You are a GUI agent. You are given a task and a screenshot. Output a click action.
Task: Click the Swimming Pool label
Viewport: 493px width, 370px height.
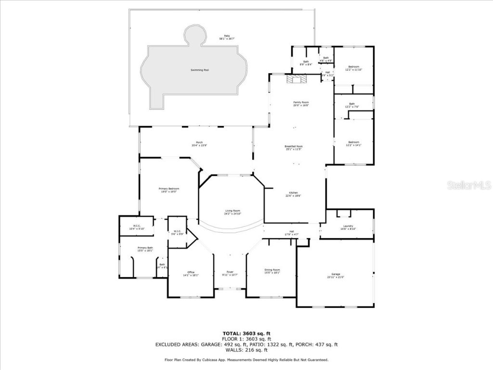199,70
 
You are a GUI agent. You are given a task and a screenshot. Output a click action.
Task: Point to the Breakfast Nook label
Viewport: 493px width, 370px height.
294,147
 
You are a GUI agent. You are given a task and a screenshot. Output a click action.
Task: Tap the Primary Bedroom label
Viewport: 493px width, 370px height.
169,190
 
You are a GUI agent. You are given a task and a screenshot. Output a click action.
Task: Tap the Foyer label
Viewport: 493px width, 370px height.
230,273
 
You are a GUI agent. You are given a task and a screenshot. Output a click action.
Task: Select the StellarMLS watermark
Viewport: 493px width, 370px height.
468,185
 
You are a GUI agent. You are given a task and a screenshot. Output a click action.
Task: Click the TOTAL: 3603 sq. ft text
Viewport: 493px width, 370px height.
246,333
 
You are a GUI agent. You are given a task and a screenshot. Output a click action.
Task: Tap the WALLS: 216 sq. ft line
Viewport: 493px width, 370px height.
246,350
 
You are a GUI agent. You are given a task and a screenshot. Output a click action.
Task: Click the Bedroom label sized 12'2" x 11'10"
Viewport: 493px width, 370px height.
354,68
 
